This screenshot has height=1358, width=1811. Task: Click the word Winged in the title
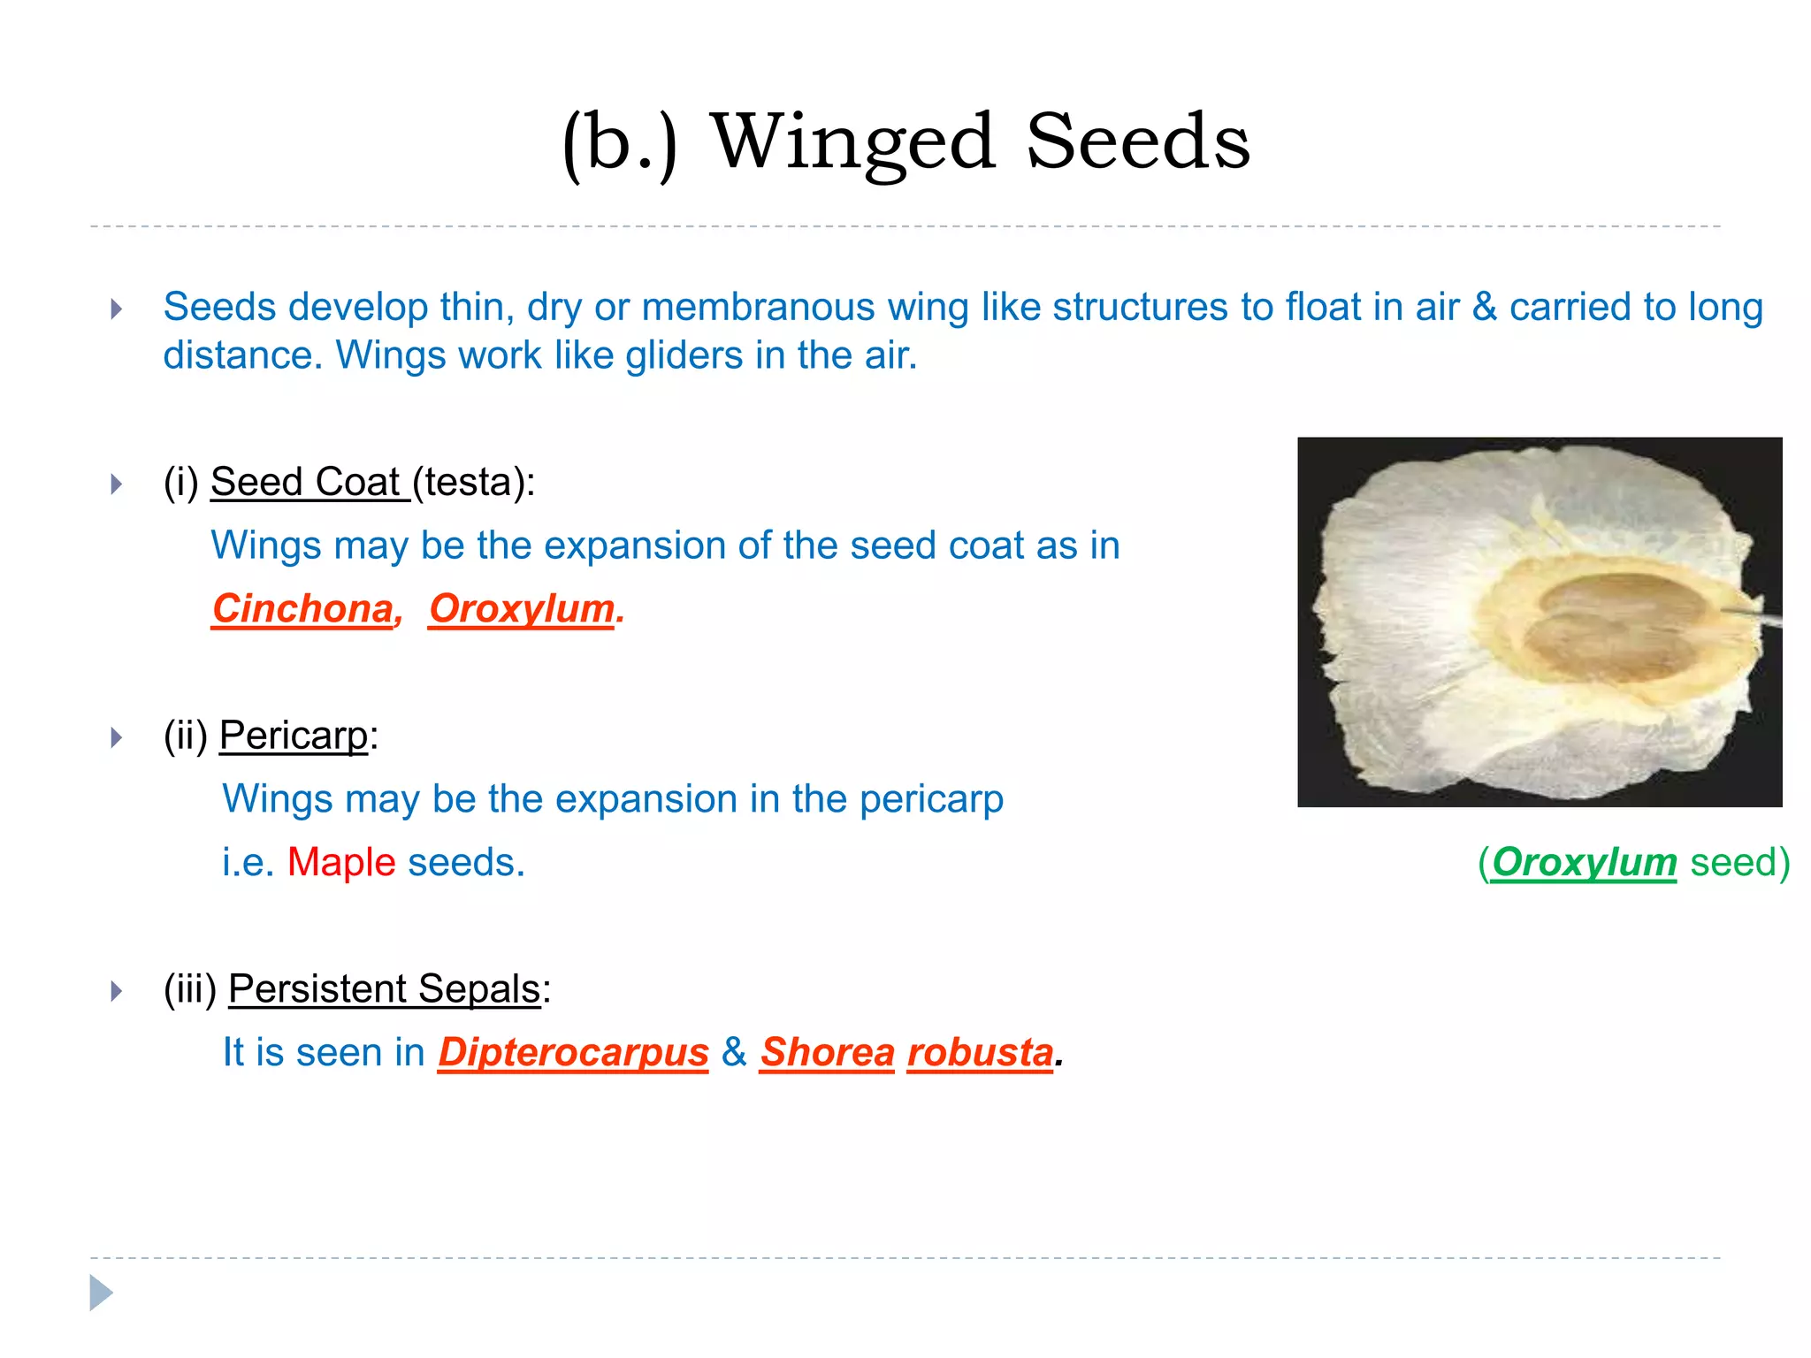pos(853,143)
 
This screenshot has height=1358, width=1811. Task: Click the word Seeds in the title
pos(1138,143)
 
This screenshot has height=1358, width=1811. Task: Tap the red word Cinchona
pos(302,609)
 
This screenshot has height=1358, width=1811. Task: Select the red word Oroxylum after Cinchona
pos(522,609)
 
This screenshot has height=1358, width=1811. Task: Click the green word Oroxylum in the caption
pos(1584,862)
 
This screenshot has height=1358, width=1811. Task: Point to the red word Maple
pos(341,862)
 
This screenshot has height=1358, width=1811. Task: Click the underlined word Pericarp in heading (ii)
pos(294,736)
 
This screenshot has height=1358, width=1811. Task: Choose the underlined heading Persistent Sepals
pos(384,989)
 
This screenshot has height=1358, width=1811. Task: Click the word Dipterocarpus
pos(573,1053)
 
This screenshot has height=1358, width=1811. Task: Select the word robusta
pos(980,1053)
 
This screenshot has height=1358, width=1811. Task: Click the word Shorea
pos(827,1053)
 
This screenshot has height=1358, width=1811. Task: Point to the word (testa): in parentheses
pos(474,483)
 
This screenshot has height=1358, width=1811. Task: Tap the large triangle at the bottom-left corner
pos(101,1293)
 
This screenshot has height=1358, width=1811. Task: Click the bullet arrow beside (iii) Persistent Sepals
pos(116,991)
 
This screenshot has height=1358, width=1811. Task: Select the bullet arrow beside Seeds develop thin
pos(116,309)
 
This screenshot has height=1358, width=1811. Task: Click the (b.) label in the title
pos(620,143)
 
